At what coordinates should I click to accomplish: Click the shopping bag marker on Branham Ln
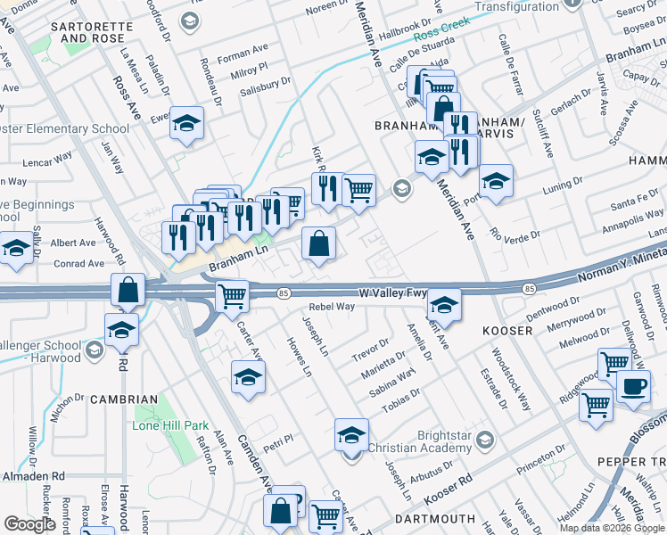click(x=318, y=243)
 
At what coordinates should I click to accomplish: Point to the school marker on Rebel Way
click(x=443, y=305)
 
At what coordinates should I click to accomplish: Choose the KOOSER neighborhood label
click(x=507, y=331)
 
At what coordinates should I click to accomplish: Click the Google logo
click(x=29, y=524)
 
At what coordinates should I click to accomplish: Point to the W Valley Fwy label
click(x=391, y=292)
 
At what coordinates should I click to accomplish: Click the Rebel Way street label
click(x=333, y=306)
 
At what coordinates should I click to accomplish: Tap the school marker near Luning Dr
click(x=496, y=181)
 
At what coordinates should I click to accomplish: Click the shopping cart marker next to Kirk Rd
click(x=358, y=189)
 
